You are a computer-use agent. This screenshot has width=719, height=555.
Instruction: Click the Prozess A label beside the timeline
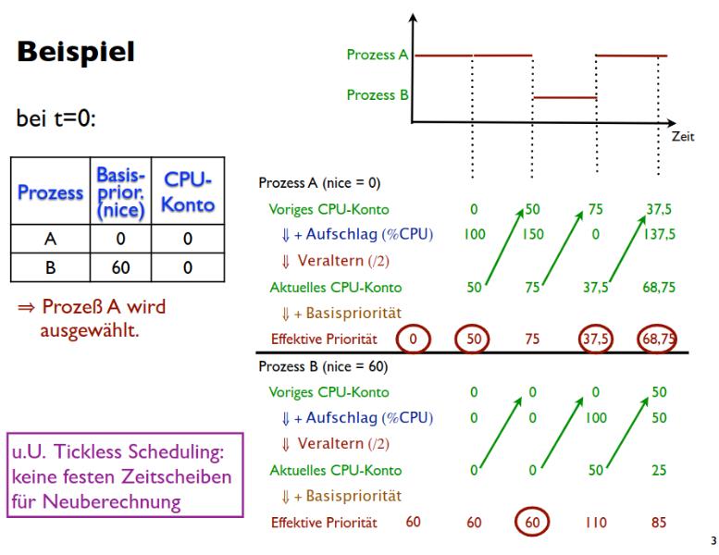[x=378, y=55]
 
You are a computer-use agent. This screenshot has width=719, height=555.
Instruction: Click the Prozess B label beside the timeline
[x=378, y=94]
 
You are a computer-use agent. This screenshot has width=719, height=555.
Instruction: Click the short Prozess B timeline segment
[x=565, y=97]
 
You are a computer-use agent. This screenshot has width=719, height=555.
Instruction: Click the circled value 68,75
[x=656, y=339]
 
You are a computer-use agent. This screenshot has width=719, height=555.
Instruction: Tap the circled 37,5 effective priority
[x=594, y=339]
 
